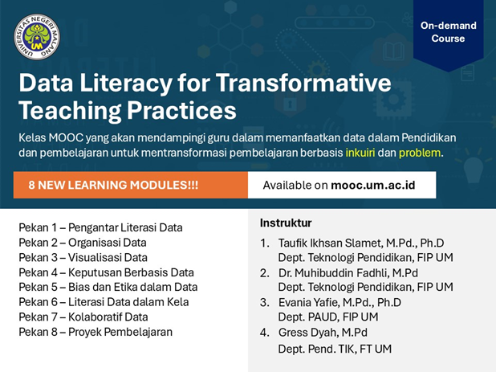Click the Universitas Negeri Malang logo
tap(37, 37)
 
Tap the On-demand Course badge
tap(448, 32)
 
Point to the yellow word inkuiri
tap(360, 153)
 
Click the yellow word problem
tap(420, 153)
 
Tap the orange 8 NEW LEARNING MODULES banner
tap(131, 185)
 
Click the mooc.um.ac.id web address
tap(373, 185)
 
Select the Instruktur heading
tap(286, 223)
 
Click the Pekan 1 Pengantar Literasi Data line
tap(100, 227)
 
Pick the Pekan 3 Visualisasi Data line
tap(83, 257)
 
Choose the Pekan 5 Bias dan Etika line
tap(108, 287)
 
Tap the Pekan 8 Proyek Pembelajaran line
tap(96, 332)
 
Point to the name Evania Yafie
tap(307, 302)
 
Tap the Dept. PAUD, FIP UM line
tap(328, 317)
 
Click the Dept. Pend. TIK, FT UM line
tap(335, 349)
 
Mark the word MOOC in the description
tap(66, 137)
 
